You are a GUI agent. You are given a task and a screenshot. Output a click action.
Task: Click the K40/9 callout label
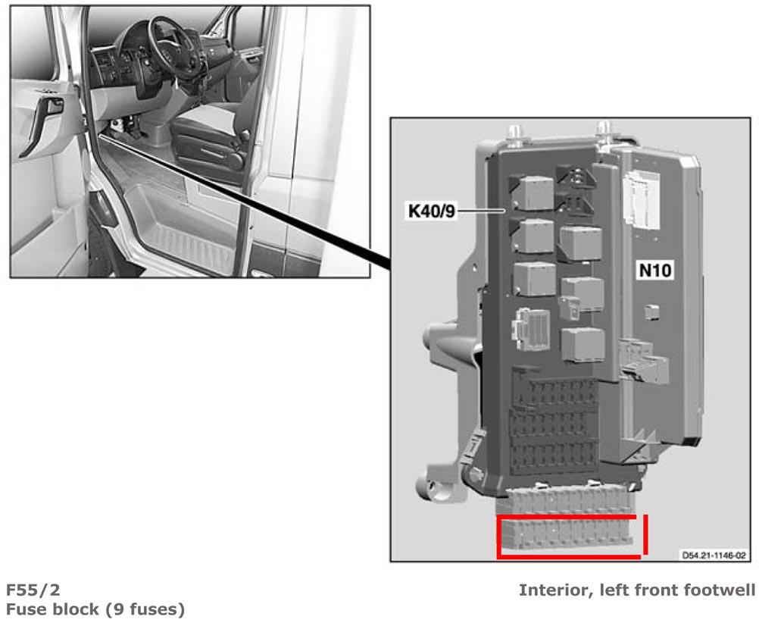click(x=432, y=211)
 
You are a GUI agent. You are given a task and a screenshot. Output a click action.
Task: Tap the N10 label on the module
click(x=655, y=270)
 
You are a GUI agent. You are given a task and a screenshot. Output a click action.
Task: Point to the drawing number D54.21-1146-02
click(x=714, y=555)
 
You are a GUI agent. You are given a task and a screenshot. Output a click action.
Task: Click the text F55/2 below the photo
click(x=33, y=590)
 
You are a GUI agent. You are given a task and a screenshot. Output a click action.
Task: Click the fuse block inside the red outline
click(x=565, y=536)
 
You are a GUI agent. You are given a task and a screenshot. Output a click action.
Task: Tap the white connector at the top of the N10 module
click(x=641, y=199)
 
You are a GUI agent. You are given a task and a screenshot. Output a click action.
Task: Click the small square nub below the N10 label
click(x=651, y=312)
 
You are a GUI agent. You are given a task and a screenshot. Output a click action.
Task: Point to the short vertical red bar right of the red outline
click(x=645, y=534)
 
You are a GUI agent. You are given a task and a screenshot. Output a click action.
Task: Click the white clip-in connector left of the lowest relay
click(x=530, y=329)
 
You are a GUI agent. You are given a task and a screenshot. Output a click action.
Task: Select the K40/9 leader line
click(x=482, y=211)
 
